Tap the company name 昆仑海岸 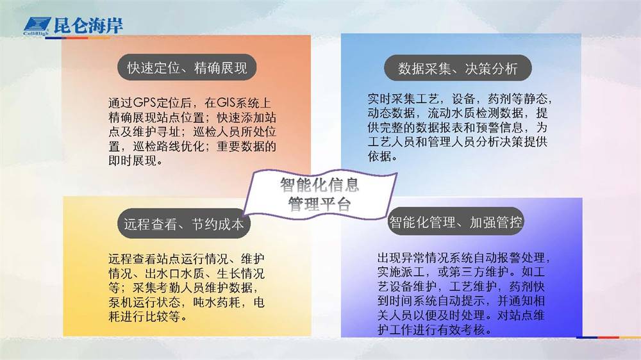[88, 26]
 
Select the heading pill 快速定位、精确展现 [187, 67]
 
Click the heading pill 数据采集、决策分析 [458, 69]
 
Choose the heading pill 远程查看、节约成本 [183, 224]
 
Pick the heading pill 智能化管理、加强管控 [455, 222]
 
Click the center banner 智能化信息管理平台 [320, 194]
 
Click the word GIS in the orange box [226, 103]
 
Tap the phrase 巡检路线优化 [169, 146]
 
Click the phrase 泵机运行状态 [144, 302]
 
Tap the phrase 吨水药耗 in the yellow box [217, 302]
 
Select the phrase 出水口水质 [174, 274]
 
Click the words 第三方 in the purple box [467, 272]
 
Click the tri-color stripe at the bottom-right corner [608, 338]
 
